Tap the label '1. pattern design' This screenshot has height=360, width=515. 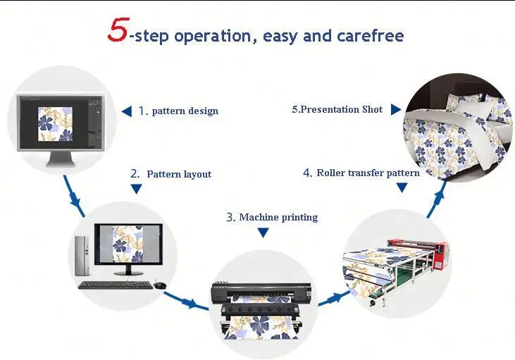click(x=178, y=111)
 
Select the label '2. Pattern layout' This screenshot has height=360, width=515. click(x=171, y=173)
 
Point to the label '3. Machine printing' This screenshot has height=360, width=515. click(x=272, y=217)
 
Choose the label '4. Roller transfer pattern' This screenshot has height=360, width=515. click(x=361, y=173)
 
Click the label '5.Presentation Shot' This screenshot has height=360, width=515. click(x=337, y=109)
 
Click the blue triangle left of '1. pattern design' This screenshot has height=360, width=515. click(x=127, y=111)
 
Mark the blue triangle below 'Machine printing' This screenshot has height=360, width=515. click(x=263, y=232)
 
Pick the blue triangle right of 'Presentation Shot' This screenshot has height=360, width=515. click(x=395, y=109)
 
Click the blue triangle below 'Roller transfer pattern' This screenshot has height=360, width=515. click(x=401, y=187)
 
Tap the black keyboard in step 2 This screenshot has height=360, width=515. click(x=114, y=285)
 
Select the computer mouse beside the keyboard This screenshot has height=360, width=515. click(x=160, y=285)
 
